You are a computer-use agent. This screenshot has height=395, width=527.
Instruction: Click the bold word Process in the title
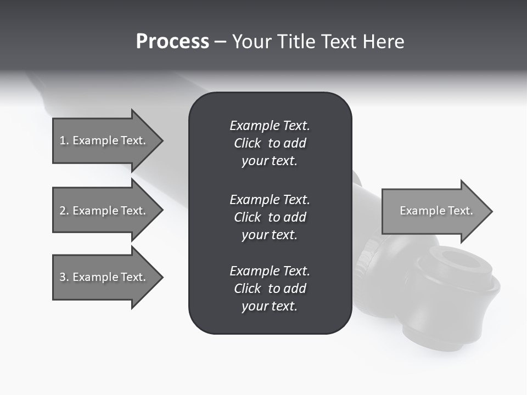click(172, 42)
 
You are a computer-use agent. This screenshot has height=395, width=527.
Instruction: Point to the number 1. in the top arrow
click(64, 140)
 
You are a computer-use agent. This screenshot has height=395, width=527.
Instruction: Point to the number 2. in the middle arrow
click(64, 211)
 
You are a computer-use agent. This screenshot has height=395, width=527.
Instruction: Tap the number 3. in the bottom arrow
click(64, 277)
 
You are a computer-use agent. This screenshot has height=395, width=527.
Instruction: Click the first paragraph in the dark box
click(270, 143)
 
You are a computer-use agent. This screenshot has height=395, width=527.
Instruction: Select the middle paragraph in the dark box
click(270, 217)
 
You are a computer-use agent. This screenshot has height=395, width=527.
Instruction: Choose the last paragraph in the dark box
click(270, 289)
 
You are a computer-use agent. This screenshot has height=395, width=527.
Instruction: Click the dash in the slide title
click(220, 42)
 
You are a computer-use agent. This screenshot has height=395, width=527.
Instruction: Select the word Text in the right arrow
click(460, 211)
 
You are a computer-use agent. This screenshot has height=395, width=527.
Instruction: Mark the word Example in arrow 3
click(96, 277)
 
